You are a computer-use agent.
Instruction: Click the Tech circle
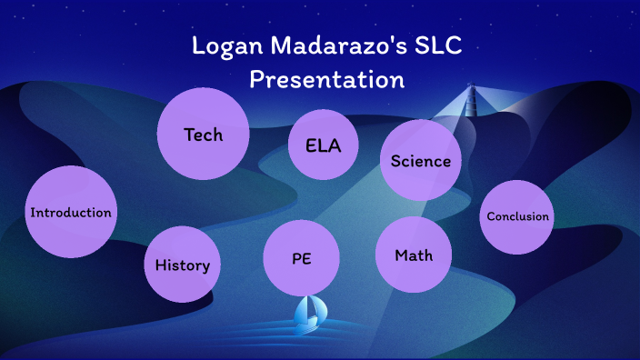(x=203, y=135)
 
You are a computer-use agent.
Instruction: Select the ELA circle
(x=315, y=145)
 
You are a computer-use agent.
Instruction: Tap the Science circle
(x=420, y=161)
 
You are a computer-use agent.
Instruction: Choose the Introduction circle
(x=71, y=212)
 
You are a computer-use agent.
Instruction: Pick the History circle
(x=183, y=265)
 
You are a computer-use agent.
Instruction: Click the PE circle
(x=302, y=258)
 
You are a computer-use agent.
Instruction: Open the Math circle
(x=414, y=255)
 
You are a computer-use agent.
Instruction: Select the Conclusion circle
(x=517, y=216)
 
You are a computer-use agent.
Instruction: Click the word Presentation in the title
(x=326, y=79)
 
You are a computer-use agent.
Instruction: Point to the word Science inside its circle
(x=420, y=161)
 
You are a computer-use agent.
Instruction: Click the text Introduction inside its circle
(x=71, y=213)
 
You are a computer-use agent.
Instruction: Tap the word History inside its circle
(x=183, y=265)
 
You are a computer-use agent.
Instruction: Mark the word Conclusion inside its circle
(x=517, y=216)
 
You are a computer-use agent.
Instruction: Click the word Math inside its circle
(x=414, y=255)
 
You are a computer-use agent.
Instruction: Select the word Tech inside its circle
(x=203, y=135)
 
